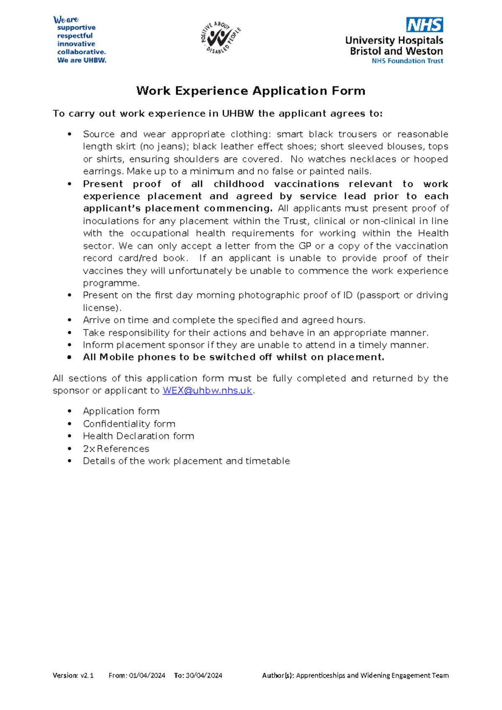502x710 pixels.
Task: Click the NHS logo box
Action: point(424,25)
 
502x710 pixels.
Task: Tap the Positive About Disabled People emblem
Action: point(220,38)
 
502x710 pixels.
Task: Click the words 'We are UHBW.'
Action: point(82,60)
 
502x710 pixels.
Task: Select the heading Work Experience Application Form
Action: point(251,91)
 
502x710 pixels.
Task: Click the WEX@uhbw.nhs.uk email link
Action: point(207,391)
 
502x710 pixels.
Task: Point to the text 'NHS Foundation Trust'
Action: point(407,61)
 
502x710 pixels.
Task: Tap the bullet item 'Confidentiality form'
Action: point(129,424)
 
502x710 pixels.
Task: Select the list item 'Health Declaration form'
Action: point(138,436)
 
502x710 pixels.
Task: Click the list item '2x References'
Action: point(116,449)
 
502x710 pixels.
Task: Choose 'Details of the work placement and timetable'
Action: point(186,461)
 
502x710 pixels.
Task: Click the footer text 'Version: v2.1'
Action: point(73,675)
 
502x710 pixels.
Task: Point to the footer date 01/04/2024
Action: point(147,675)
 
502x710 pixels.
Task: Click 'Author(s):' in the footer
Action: point(278,675)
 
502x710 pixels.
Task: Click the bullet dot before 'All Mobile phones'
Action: point(70,358)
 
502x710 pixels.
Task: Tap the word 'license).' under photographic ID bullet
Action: point(102,308)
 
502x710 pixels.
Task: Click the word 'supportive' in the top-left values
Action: point(76,28)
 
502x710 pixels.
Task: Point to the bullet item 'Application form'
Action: point(121,411)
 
